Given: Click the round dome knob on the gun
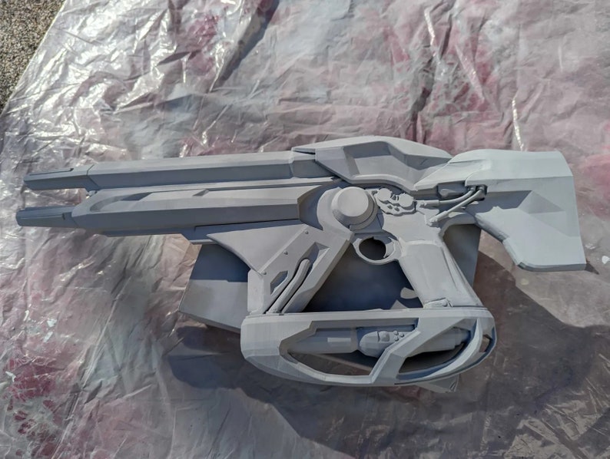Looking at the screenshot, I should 352,205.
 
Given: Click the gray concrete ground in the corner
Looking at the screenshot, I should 23,31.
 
